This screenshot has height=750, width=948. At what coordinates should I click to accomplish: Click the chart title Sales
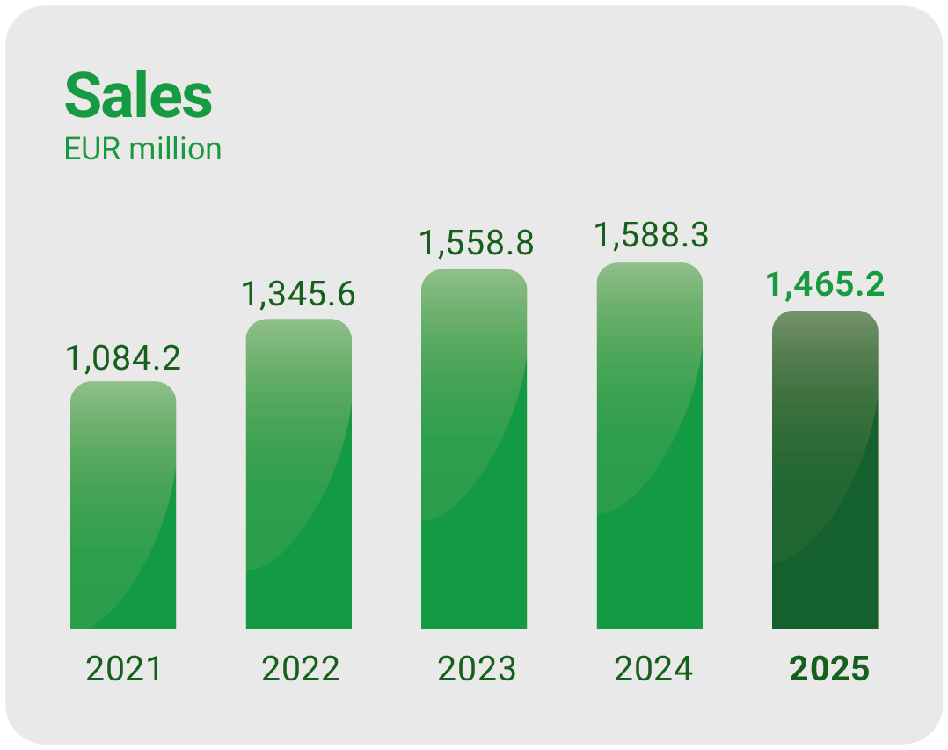tap(138, 95)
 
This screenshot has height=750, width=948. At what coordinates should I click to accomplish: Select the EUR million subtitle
tap(142, 149)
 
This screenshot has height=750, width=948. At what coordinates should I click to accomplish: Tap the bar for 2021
tap(123, 505)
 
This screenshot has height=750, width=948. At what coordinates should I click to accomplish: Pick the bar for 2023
tap(474, 449)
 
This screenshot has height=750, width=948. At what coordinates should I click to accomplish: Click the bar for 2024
tap(649, 445)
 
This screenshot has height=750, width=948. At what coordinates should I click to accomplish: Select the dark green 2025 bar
tap(825, 470)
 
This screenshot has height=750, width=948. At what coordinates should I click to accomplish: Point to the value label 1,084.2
tap(123, 358)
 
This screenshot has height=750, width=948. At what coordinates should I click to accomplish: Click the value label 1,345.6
tap(299, 295)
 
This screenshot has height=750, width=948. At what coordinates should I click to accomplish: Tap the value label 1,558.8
tap(477, 244)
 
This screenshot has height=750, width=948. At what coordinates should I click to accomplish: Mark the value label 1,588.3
tap(652, 236)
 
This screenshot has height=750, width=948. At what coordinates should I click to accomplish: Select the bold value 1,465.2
tap(825, 285)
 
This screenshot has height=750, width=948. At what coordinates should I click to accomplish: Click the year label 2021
tap(124, 669)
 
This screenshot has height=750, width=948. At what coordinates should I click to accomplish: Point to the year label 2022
tap(300, 669)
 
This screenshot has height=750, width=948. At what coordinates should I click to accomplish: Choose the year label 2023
tap(476, 669)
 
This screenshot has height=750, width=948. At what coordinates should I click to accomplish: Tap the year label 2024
tap(653, 669)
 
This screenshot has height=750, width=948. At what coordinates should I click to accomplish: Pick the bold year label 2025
tap(829, 669)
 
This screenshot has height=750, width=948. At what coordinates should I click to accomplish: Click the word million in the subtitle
tap(175, 149)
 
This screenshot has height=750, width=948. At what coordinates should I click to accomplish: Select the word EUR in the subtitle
tap(91, 149)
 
